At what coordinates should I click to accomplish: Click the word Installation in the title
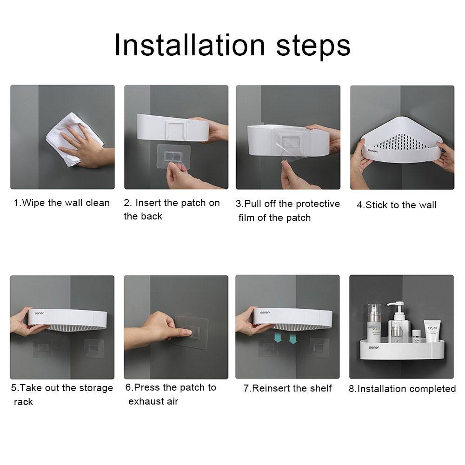point(190,45)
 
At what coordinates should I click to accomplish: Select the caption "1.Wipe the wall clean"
point(62,203)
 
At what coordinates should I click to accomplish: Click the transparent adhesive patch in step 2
point(173,156)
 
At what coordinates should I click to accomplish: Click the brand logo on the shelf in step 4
point(373,151)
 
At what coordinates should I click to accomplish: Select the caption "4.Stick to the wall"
point(397,205)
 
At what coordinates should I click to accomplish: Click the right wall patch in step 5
point(94,347)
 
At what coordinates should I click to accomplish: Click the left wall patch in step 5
point(42,346)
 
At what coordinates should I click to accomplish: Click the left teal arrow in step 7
point(278,338)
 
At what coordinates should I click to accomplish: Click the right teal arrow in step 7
point(292,339)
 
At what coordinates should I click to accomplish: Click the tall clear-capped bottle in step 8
point(374,323)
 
